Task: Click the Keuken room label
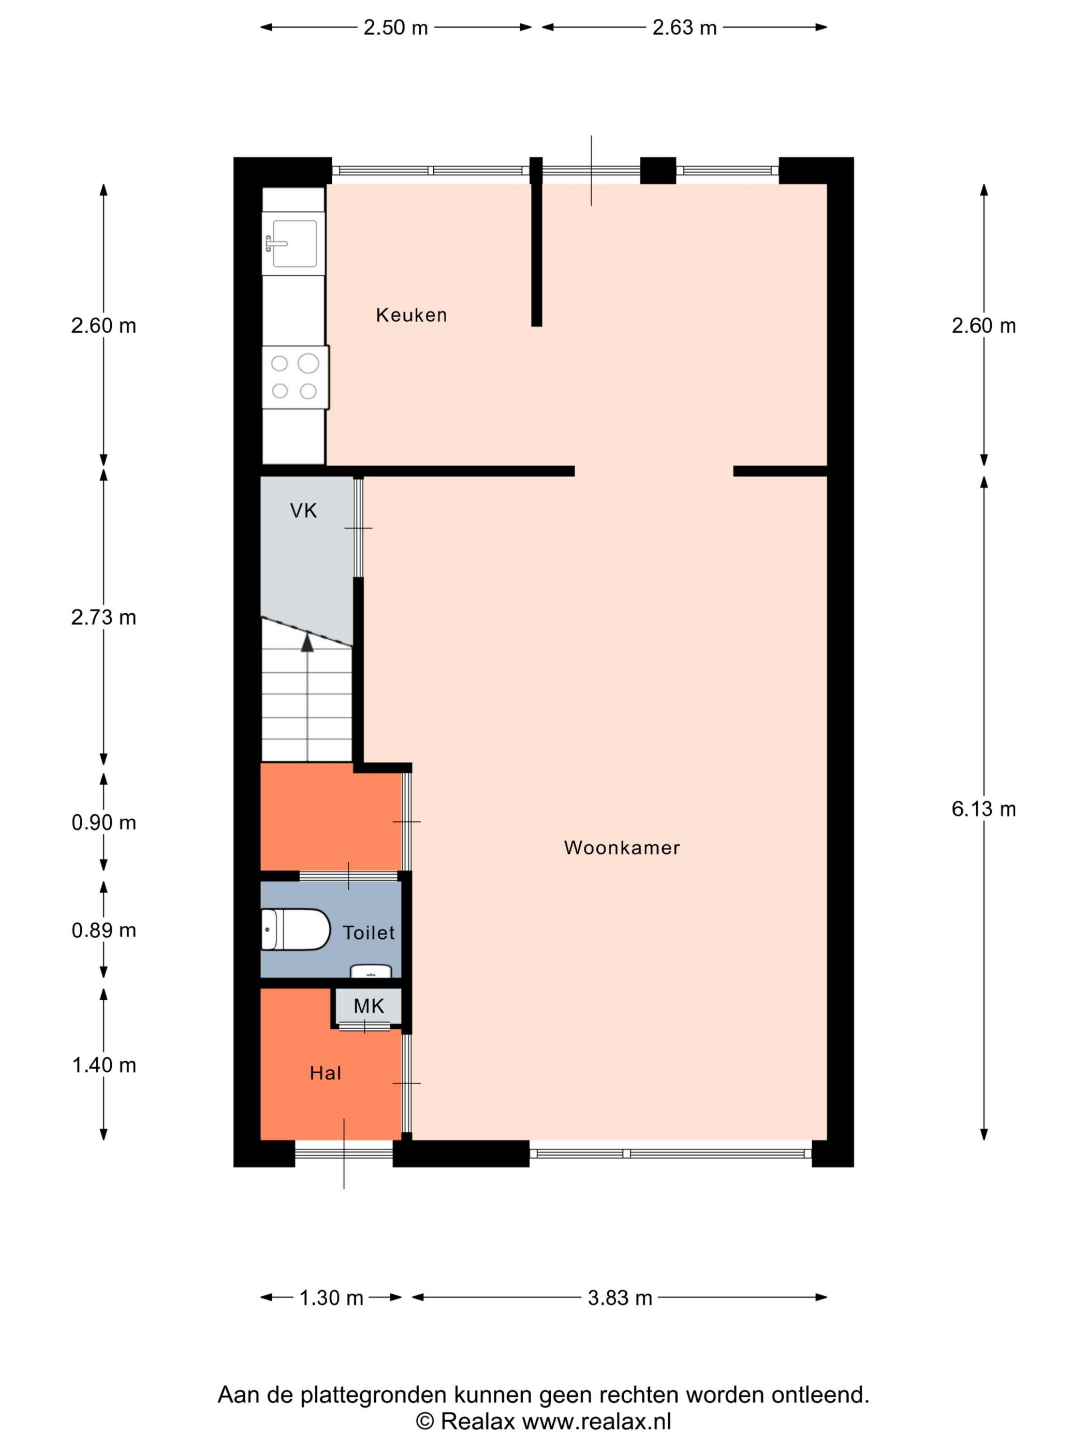(411, 315)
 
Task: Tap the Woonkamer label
(622, 848)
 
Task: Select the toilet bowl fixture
(296, 929)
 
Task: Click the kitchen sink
(293, 244)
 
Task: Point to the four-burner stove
(296, 377)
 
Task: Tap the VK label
(303, 510)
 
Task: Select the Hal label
(326, 1073)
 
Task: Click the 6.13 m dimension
(983, 809)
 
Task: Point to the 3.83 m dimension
(620, 1298)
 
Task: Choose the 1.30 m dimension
(331, 1298)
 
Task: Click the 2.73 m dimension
(104, 617)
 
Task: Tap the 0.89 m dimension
(104, 930)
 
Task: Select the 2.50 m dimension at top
(396, 27)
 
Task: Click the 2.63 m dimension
(684, 27)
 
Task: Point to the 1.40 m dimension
(104, 1065)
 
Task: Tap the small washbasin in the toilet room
(371, 971)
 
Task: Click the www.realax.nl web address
(597, 1422)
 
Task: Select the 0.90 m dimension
(104, 822)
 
